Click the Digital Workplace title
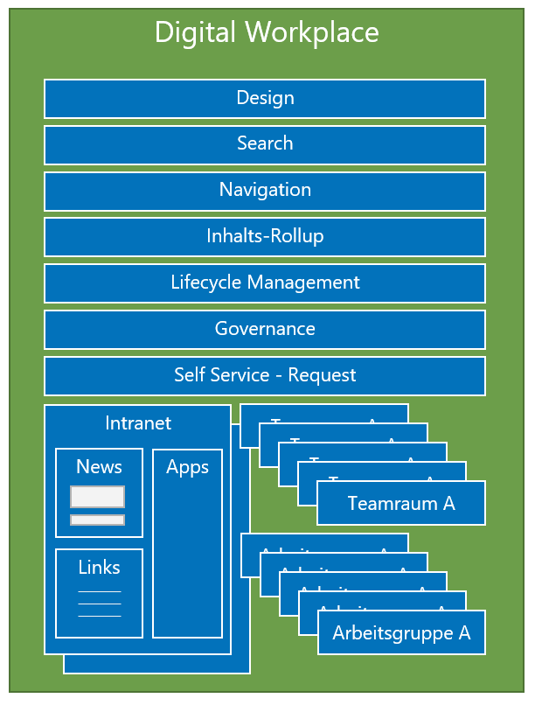(267, 33)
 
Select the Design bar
(265, 98)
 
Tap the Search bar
(265, 143)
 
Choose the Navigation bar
(265, 190)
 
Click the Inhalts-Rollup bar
(265, 236)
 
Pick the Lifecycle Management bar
(265, 283)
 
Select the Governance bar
(265, 329)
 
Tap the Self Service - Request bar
(265, 375)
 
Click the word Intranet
(138, 423)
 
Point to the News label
(99, 467)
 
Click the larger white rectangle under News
(98, 497)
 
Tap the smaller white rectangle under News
(98, 520)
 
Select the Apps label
(187, 467)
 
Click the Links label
(99, 568)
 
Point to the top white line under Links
(100, 592)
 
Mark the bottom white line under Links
(100, 616)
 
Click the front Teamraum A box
(401, 504)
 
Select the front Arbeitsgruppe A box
(401, 633)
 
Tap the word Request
(322, 375)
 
